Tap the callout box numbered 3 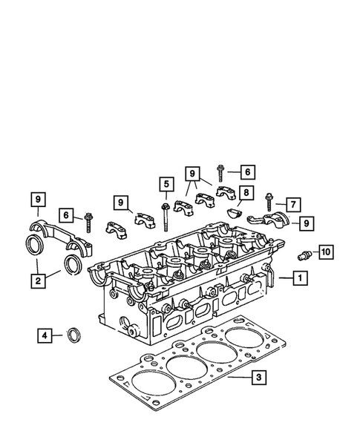257,378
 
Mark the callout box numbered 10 324,253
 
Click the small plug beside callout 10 301,255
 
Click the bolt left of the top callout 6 223,175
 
